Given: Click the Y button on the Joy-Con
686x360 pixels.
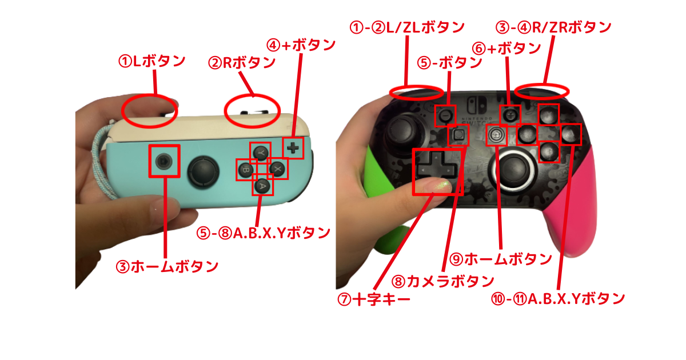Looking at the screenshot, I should point(261,154).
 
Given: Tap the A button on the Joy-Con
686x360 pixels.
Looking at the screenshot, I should point(262,185).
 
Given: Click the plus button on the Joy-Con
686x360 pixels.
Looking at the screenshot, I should point(294,148).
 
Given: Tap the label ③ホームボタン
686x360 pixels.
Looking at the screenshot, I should point(167,266).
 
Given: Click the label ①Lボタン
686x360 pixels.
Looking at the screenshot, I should point(151,61).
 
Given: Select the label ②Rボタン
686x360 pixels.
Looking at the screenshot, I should point(242,63).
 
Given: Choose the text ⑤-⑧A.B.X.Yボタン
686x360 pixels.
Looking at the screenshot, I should point(264,233).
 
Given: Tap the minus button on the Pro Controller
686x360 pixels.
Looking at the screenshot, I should point(446,116).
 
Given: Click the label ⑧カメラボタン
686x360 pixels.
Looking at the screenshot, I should point(442,281).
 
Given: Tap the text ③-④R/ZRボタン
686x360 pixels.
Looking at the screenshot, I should point(554,26).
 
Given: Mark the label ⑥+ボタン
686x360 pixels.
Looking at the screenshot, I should point(506,49).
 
